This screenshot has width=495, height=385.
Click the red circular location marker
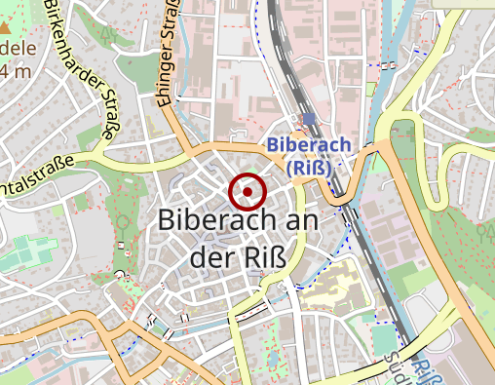coord(247,192)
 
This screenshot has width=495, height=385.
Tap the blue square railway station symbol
coord(309,120)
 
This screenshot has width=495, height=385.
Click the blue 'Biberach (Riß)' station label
coord(307,155)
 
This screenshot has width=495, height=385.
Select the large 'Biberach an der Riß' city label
coord(251,238)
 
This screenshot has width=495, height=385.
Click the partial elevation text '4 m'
coord(15,71)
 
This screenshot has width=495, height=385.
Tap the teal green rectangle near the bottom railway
coord(384,339)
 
